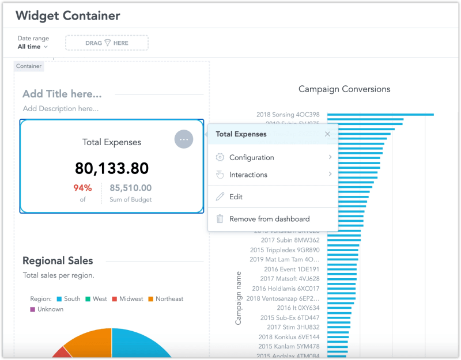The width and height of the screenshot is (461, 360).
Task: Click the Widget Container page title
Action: (x=68, y=16)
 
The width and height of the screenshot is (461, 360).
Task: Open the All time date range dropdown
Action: (x=33, y=47)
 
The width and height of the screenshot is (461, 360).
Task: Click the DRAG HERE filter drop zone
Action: (x=107, y=43)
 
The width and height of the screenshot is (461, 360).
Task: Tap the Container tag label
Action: (x=29, y=66)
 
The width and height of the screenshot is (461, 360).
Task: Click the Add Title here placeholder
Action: (x=62, y=94)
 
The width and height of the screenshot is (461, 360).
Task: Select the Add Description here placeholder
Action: (x=61, y=108)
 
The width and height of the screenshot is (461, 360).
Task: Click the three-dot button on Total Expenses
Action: (x=183, y=139)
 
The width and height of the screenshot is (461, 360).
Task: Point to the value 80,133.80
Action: (x=112, y=168)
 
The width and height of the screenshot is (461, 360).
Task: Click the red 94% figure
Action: (x=82, y=188)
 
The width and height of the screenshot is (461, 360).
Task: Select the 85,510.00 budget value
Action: (x=131, y=188)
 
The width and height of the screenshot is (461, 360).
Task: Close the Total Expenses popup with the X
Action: (x=327, y=134)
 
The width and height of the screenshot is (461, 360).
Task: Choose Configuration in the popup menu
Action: (x=252, y=157)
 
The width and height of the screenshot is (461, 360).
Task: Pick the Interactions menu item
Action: (x=248, y=175)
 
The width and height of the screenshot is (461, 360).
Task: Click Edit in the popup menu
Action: (x=236, y=196)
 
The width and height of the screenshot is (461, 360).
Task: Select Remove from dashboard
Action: (x=269, y=219)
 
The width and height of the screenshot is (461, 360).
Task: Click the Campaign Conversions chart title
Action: (x=344, y=89)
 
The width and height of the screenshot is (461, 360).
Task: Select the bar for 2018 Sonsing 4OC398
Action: (x=380, y=115)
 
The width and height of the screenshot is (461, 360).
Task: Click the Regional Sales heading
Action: (x=58, y=261)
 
